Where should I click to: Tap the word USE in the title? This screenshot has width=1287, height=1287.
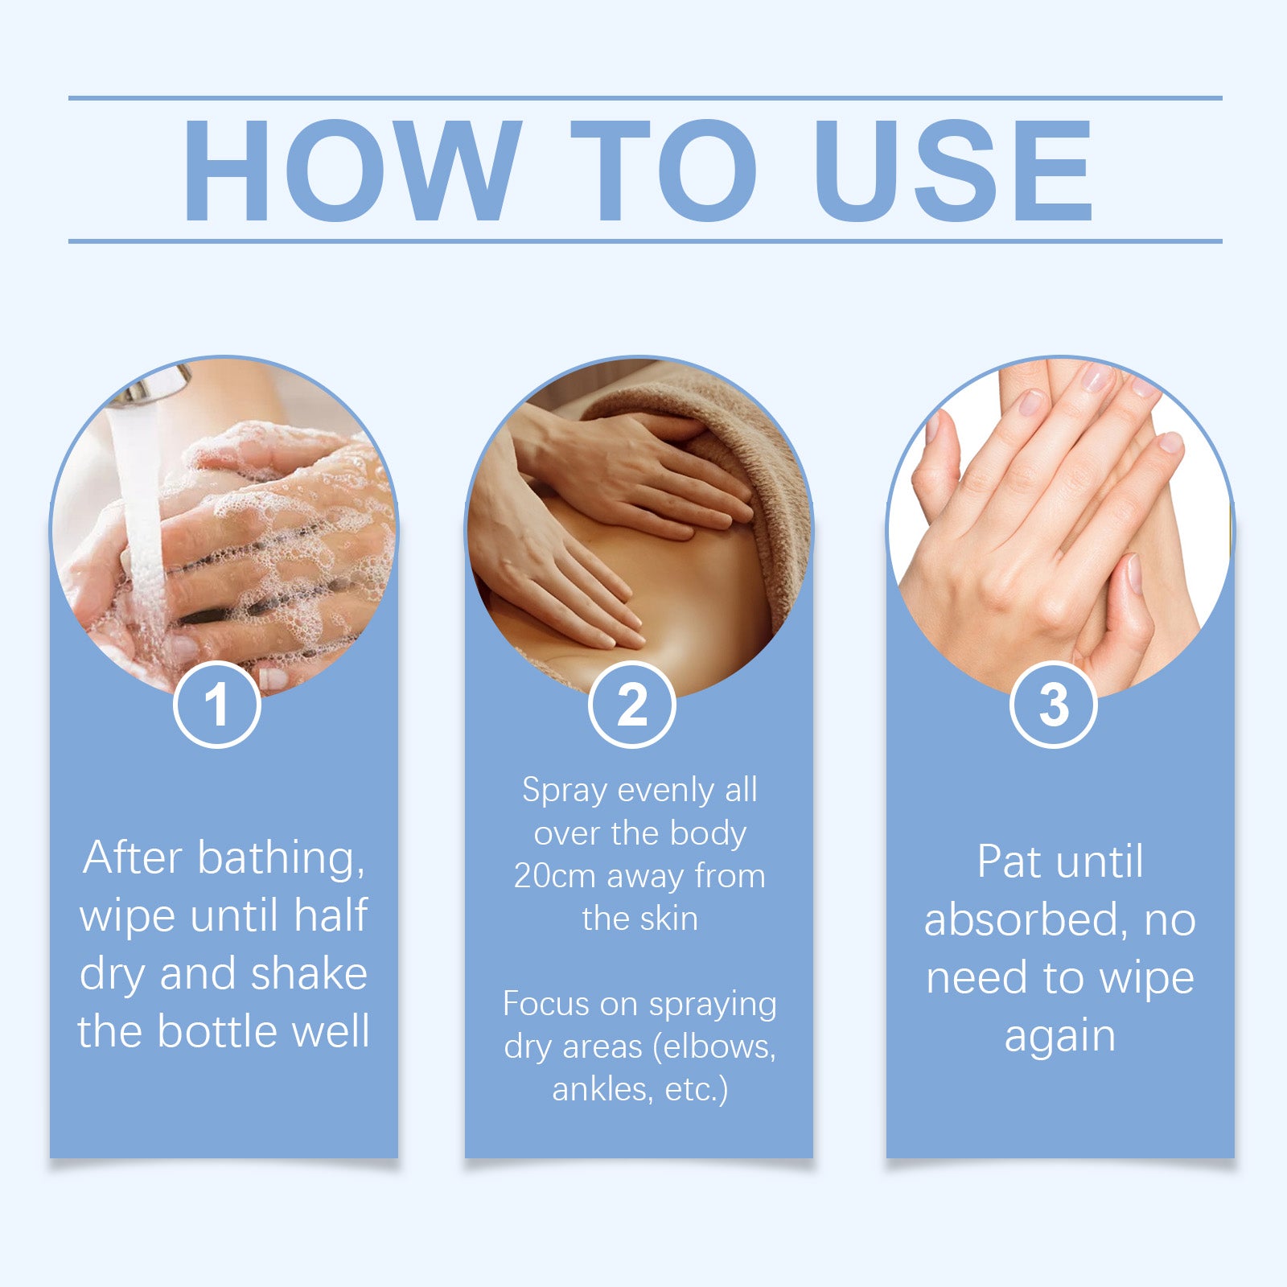coord(953,170)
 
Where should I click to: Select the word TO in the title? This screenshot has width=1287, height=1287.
coord(664,170)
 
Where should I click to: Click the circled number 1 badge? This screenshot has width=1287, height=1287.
coord(217,705)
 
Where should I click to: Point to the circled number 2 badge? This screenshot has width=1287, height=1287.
coord(632,705)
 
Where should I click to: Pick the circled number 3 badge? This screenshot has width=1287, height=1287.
coord(1054,705)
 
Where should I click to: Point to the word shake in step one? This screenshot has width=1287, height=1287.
coord(309,973)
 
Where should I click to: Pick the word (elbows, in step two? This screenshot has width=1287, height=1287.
coord(714,1046)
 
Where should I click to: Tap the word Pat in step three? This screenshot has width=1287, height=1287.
coord(1009,861)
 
